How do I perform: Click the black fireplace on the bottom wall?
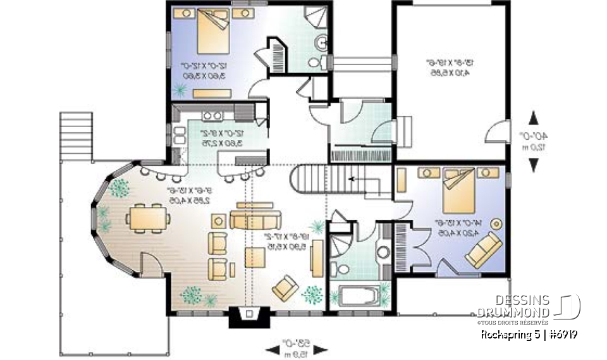point(248,317)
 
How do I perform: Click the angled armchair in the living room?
point(286,287)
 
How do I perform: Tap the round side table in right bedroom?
point(497,223)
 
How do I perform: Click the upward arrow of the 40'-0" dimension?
point(533,118)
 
